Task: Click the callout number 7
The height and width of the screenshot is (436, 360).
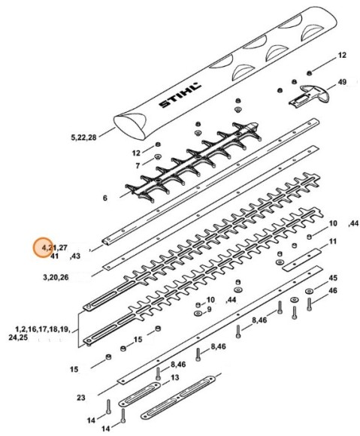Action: (138, 165)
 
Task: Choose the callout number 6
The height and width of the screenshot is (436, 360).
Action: (104, 198)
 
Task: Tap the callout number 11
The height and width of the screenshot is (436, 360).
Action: (334, 241)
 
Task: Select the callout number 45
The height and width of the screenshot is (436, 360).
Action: (333, 277)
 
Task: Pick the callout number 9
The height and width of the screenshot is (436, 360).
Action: (209, 309)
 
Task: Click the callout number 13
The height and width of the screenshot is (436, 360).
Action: (174, 377)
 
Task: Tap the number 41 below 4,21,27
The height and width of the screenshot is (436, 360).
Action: (54, 256)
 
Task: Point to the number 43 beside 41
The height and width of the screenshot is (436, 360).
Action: (75, 256)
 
